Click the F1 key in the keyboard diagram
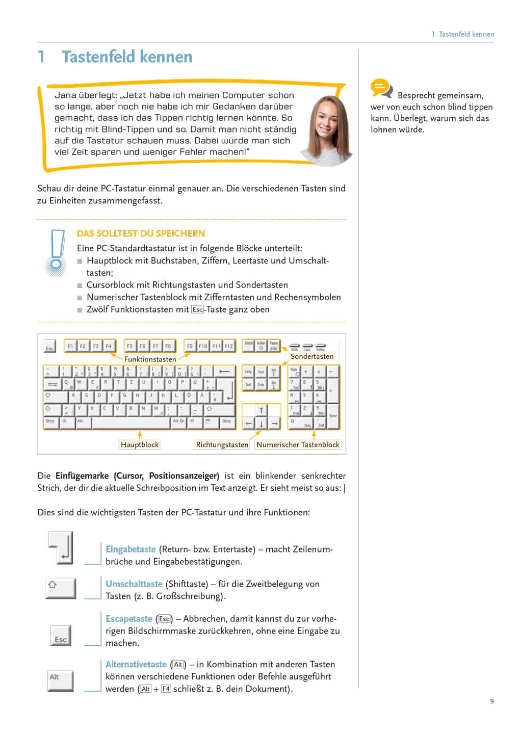click(x=70, y=346)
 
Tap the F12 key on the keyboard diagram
click(x=229, y=346)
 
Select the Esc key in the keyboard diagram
click(x=49, y=347)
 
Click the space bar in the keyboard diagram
click(x=131, y=423)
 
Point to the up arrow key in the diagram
click(x=262, y=410)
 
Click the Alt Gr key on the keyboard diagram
click(x=178, y=422)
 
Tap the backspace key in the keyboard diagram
click(x=224, y=372)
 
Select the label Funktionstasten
click(x=150, y=359)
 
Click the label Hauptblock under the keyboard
click(x=140, y=444)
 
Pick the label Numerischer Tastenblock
click(x=298, y=444)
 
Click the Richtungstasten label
click(x=222, y=444)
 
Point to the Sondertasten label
click(x=312, y=356)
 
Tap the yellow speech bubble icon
click(x=380, y=88)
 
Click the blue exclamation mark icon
click(x=57, y=251)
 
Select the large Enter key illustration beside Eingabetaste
click(x=62, y=548)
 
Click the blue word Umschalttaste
click(x=134, y=584)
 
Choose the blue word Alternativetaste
click(x=136, y=664)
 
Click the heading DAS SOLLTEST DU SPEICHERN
click(x=141, y=233)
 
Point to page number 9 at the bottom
click(x=492, y=701)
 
